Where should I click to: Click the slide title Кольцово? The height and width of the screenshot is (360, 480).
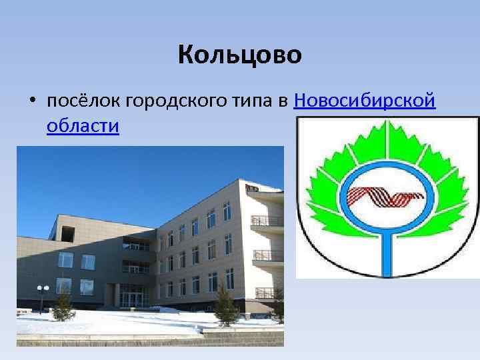[240, 55]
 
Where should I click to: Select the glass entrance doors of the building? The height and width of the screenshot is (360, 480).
[134, 295]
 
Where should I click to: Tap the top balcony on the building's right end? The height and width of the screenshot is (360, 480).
[266, 220]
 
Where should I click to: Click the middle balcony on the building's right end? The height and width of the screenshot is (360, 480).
[267, 255]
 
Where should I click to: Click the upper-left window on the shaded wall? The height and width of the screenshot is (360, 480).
[65, 261]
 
